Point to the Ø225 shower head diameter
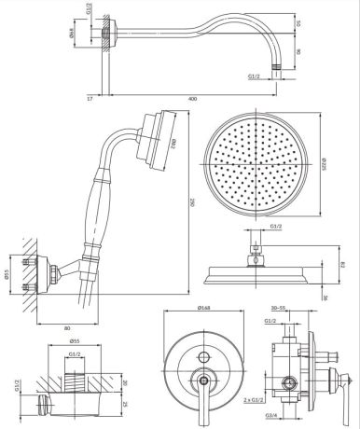coord(324,164)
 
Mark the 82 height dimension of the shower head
coord(343,266)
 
